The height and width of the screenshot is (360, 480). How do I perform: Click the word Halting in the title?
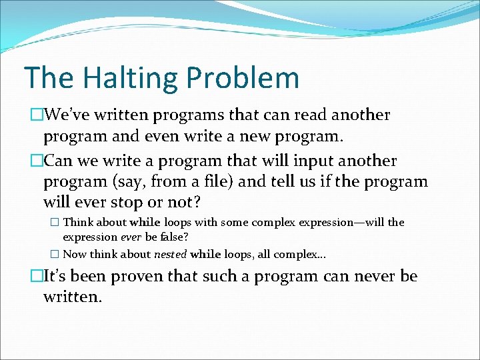[113, 77]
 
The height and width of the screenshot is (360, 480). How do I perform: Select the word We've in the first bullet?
[70, 115]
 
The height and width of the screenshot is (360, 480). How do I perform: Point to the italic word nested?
[171, 254]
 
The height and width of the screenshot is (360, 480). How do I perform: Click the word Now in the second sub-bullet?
[75, 254]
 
